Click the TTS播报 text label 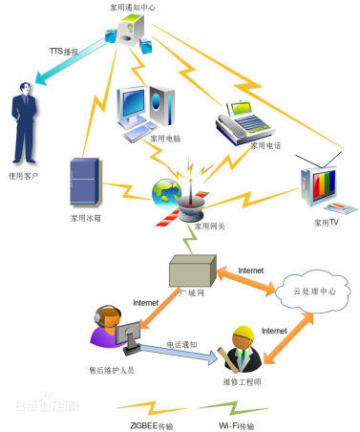[64, 50]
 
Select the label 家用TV [327, 222]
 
